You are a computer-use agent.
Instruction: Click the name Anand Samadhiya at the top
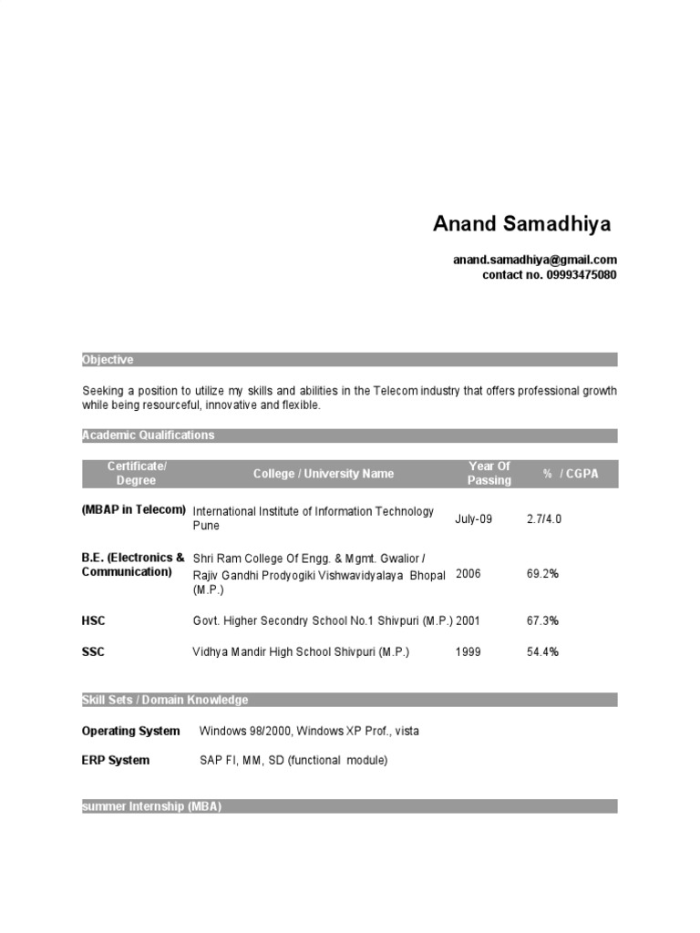pos(522,224)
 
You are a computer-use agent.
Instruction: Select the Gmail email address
pos(535,261)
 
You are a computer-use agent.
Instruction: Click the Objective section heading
pos(108,360)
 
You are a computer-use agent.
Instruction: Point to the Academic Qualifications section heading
pos(149,436)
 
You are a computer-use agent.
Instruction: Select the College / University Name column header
pos(324,474)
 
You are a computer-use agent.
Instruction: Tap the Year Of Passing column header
pos(489,474)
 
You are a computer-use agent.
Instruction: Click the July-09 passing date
pos(473,519)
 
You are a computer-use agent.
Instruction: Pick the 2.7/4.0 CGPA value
pos(544,519)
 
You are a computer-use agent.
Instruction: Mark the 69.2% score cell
pos(542,575)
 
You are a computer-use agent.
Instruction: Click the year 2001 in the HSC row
pos(468,621)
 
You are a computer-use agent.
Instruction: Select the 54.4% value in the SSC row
pos(542,652)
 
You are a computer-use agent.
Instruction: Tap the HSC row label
pos(94,621)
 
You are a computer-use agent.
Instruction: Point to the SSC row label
pos(94,652)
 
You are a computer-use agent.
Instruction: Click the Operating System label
pos(130,732)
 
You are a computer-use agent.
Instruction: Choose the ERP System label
pos(116,761)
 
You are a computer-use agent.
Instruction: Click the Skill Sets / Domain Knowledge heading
pos(165,700)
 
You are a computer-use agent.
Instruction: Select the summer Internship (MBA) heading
pos(152,806)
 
